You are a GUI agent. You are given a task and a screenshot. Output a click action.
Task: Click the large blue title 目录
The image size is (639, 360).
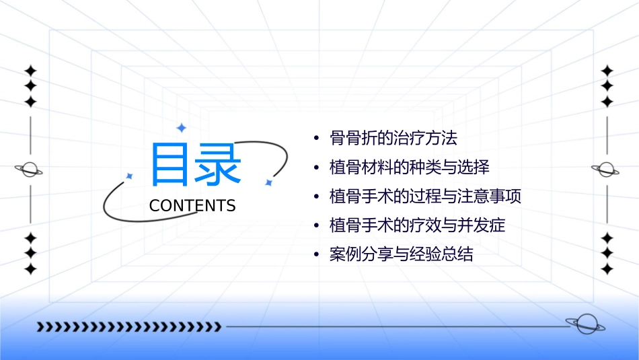[x=195, y=164]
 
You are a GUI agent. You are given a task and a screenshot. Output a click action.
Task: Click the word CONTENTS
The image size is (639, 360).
[x=192, y=206]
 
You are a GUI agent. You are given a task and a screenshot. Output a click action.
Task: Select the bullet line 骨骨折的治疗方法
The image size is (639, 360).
[x=393, y=139]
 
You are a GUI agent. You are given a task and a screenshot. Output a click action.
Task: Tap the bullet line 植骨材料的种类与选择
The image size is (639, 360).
[x=409, y=168]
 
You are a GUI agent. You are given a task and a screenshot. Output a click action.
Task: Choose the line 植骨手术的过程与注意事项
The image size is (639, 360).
[x=425, y=196]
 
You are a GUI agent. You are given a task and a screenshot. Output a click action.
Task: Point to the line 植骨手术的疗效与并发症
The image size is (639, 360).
[x=417, y=225]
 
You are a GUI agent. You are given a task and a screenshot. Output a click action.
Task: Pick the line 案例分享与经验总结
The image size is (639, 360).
[x=402, y=254]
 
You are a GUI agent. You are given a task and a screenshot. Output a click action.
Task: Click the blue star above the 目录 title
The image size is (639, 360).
[x=180, y=127]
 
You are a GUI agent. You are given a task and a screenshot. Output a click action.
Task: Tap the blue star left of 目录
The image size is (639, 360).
[x=130, y=176]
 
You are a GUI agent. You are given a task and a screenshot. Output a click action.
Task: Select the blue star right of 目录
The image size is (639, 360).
[x=268, y=182]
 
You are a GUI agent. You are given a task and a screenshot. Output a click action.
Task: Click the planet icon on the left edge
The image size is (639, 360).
[x=30, y=170]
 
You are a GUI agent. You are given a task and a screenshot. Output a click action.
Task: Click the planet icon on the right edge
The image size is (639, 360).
[x=607, y=170]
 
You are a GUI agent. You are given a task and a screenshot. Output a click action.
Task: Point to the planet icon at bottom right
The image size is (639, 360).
[x=585, y=325]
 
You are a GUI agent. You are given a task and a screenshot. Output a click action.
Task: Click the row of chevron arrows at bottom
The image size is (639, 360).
[x=128, y=327]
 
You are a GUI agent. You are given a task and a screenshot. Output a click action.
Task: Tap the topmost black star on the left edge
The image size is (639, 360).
[x=30, y=70]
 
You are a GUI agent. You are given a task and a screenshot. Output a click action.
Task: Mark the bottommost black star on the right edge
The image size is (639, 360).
[x=607, y=269]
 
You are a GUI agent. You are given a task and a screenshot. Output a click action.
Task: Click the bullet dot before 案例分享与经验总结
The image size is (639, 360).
[x=317, y=255]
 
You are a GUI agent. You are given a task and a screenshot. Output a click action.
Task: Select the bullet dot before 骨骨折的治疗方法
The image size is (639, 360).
[x=317, y=139]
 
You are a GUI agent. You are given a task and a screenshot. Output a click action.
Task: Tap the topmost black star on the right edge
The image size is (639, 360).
[x=607, y=70]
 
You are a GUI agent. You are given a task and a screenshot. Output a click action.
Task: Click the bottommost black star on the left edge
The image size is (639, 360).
[x=30, y=269]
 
